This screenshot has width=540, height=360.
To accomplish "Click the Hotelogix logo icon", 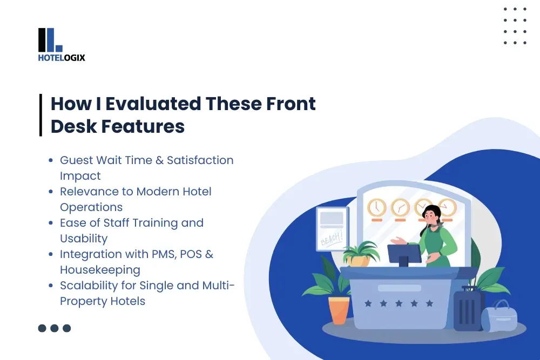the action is [x=50, y=40].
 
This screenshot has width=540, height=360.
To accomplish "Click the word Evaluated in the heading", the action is [x=153, y=104].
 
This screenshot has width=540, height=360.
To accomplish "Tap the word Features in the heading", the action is [x=143, y=126].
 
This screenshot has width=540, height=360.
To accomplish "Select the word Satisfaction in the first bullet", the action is [x=200, y=160].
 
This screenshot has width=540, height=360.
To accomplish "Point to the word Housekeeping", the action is [x=100, y=270].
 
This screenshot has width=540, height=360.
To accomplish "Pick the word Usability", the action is [x=84, y=239].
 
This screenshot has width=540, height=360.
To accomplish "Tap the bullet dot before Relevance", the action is [x=51, y=192].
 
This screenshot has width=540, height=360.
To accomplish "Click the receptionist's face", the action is [x=431, y=216].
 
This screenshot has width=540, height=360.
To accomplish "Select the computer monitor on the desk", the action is [x=404, y=255].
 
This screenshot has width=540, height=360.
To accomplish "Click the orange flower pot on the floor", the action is [x=339, y=310].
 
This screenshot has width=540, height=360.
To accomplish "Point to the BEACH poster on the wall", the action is [x=332, y=229].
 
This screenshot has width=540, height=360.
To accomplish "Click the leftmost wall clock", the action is [x=377, y=208].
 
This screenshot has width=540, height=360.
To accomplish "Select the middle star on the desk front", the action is [x=399, y=303].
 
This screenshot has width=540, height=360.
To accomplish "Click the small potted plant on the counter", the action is [x=360, y=255].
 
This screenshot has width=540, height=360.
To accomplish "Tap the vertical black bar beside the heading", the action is [x=40, y=115].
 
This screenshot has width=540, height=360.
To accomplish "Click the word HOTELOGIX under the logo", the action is [x=62, y=57].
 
